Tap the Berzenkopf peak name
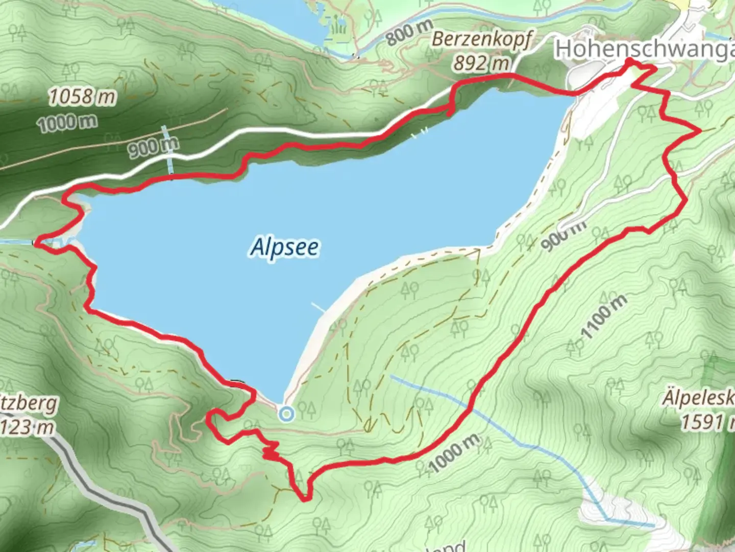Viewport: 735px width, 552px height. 481,40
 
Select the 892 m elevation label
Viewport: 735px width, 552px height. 481,63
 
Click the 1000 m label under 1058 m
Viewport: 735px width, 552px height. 67,122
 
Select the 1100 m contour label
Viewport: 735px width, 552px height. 604,317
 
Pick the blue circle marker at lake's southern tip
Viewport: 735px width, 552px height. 287,414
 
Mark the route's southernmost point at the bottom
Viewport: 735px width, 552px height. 305,500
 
